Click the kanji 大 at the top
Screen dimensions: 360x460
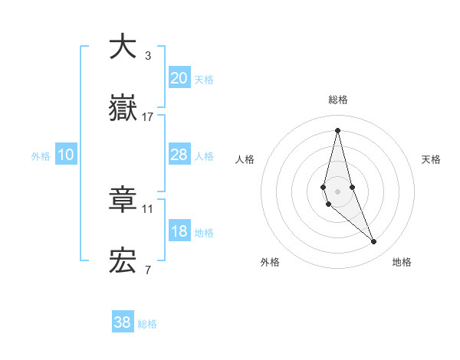coord(123,47)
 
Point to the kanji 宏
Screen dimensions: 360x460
coord(123,261)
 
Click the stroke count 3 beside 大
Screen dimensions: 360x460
coord(147,56)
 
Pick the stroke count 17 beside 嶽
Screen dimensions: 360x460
coord(148,117)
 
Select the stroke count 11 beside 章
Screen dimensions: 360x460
coord(148,208)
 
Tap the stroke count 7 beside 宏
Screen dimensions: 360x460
coord(147,270)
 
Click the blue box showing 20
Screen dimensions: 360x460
coord(179,78)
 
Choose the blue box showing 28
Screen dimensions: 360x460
coord(179,155)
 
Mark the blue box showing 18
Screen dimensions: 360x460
coord(179,231)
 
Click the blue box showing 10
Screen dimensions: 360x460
coord(66,155)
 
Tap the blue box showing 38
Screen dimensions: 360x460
coord(123,322)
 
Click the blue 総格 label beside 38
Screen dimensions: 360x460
coord(147,324)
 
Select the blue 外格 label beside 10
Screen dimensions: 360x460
coord(41,156)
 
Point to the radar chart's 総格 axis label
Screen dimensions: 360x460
coord(337,100)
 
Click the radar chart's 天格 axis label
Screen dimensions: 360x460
coord(431,159)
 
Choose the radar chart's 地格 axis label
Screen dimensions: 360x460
coord(402,262)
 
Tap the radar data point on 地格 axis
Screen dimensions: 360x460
coord(374,242)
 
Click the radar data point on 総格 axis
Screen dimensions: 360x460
coord(337,130)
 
